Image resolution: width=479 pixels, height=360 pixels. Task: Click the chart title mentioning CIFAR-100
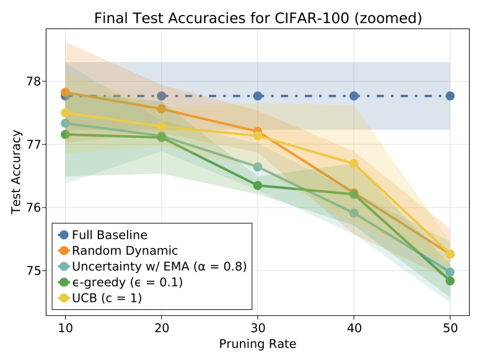[x=258, y=19]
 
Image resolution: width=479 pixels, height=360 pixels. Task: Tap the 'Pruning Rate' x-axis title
[x=257, y=343]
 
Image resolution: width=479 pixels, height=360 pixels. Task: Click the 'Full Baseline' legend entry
[x=110, y=235]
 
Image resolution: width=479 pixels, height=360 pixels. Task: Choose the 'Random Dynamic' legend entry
[x=125, y=251]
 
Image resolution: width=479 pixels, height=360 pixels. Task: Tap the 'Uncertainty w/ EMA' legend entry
[x=159, y=267]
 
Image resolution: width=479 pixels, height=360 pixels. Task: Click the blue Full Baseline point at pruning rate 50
[x=450, y=96]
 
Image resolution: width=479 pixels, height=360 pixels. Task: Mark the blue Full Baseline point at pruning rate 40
[x=354, y=96]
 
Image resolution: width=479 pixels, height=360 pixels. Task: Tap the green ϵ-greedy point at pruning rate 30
[x=257, y=185]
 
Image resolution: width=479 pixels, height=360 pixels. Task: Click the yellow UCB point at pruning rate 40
[x=354, y=164]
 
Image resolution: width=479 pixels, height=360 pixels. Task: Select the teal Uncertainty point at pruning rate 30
[x=257, y=167]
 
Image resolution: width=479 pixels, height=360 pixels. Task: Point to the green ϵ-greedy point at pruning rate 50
[x=450, y=281]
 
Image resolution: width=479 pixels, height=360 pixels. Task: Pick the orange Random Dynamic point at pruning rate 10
[x=65, y=92]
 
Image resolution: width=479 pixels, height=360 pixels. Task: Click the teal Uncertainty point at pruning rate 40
[x=354, y=213]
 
